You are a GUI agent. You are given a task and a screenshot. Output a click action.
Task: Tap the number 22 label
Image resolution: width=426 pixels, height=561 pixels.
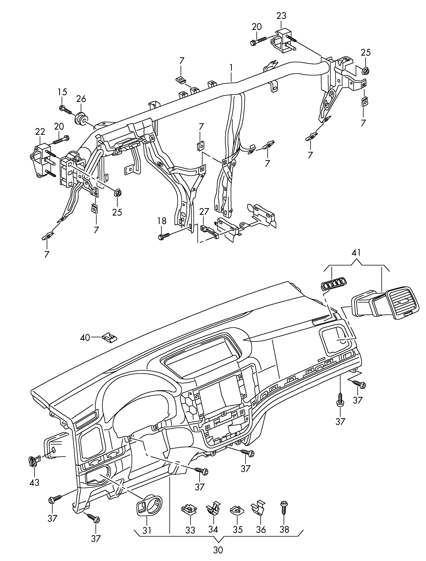coord(40,132)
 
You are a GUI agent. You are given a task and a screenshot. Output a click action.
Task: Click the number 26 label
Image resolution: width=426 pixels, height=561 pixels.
coord(81,99)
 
